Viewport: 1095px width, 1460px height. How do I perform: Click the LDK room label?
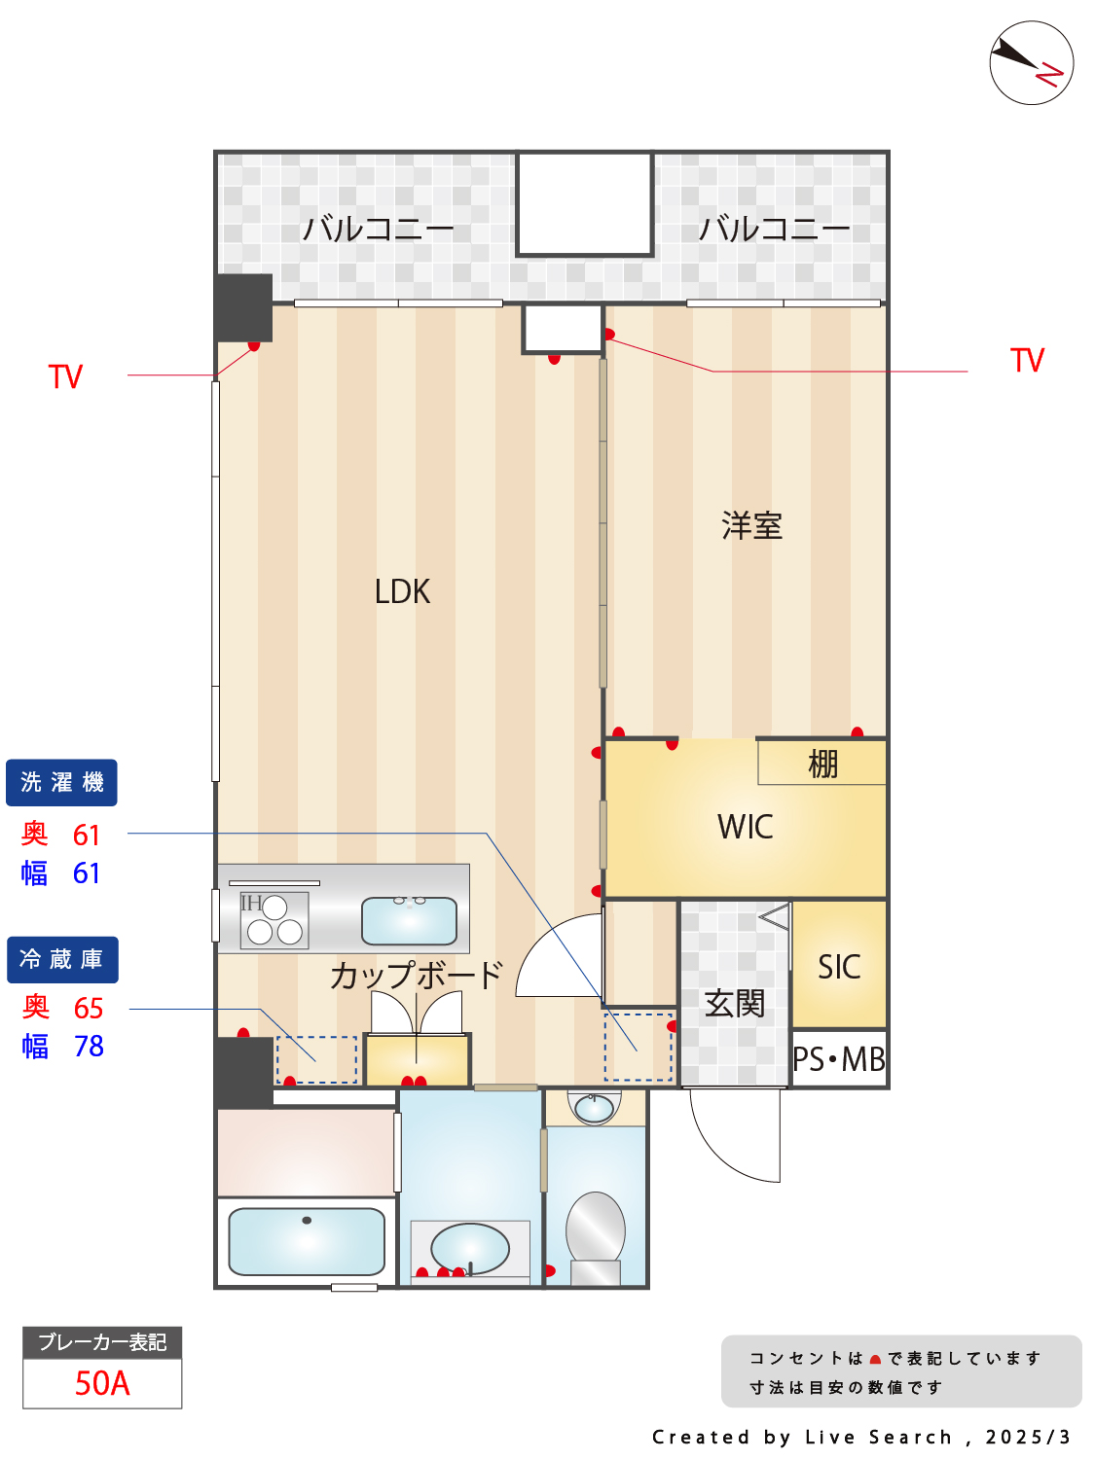pyautogui.click(x=402, y=590)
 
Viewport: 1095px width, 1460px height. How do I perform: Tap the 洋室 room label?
pyautogui.click(x=751, y=525)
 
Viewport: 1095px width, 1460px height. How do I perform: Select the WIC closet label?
pyautogui.click(x=745, y=826)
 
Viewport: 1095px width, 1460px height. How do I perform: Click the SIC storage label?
pyautogui.click(x=839, y=967)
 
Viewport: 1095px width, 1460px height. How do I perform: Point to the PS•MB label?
pyautogui.click(x=839, y=1059)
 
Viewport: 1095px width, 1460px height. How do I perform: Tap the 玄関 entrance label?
pyautogui.click(x=734, y=1003)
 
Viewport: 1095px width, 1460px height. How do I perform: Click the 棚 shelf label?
pyautogui.click(x=822, y=764)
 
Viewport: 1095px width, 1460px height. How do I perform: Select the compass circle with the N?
pyautogui.click(x=1031, y=62)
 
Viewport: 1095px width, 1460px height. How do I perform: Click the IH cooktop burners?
pyautogui.click(x=274, y=920)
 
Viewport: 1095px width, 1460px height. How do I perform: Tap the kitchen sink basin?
pyautogui.click(x=409, y=920)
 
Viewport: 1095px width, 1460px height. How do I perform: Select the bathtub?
pyautogui.click(x=307, y=1241)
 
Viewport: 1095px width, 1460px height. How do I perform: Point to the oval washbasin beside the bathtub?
pyautogui.click(x=470, y=1249)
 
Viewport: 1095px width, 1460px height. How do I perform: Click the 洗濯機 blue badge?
pyautogui.click(x=61, y=782)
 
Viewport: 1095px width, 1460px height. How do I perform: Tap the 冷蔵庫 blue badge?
pyautogui.click(x=62, y=959)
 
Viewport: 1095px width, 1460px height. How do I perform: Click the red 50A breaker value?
pyautogui.click(x=102, y=1383)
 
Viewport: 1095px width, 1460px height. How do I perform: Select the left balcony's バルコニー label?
pyautogui.click(x=378, y=230)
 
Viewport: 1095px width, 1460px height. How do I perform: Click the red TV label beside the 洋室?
pyautogui.click(x=1027, y=361)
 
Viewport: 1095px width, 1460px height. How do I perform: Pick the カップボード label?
pyautogui.click(x=416, y=975)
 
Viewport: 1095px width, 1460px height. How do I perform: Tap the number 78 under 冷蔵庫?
pyautogui.click(x=89, y=1047)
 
